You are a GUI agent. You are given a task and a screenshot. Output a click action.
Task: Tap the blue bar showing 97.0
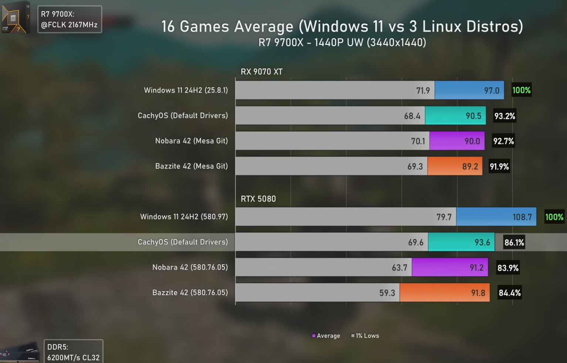(x=469, y=90)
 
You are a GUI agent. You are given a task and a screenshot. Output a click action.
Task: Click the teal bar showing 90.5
(x=455, y=116)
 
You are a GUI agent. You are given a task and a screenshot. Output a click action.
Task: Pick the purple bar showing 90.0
(x=457, y=141)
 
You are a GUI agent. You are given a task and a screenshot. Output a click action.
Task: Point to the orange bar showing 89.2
(x=455, y=166)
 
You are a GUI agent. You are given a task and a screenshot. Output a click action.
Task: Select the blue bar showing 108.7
(x=496, y=217)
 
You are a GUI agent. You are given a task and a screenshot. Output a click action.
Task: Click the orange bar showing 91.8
(x=445, y=293)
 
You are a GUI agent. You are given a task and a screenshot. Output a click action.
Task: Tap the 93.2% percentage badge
(x=504, y=116)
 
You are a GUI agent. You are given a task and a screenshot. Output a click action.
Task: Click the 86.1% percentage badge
(x=514, y=242)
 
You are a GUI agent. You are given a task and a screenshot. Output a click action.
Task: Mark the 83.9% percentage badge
(x=508, y=268)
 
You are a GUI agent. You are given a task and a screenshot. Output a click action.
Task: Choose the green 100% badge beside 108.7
(x=554, y=217)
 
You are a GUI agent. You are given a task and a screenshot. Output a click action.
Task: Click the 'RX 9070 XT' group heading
(x=261, y=72)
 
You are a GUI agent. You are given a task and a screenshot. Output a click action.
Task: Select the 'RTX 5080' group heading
(x=258, y=199)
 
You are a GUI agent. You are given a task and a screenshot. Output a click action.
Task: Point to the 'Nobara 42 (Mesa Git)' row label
(x=191, y=141)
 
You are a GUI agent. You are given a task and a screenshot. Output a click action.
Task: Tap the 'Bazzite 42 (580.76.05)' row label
(x=190, y=293)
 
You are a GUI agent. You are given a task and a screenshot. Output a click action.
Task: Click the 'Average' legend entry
(x=326, y=336)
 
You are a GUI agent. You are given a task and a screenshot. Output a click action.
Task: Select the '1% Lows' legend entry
(x=365, y=336)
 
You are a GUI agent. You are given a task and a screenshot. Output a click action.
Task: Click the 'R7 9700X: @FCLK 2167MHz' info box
(x=70, y=20)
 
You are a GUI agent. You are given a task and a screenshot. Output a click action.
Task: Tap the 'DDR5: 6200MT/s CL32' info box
(x=73, y=352)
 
